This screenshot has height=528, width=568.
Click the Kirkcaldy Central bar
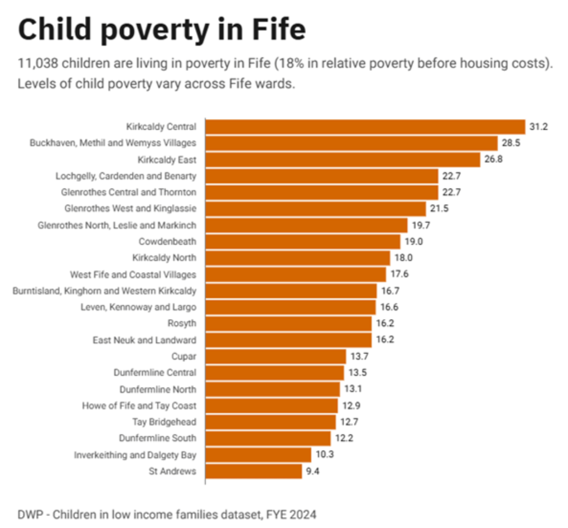[x=365, y=127]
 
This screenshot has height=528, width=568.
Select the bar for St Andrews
[x=254, y=471]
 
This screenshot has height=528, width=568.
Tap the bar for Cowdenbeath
[x=303, y=241]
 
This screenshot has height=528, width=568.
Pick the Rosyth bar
[x=288, y=323]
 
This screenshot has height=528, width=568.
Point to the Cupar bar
[x=276, y=356]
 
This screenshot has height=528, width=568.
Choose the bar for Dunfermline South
[x=268, y=438]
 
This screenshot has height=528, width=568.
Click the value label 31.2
[x=538, y=127]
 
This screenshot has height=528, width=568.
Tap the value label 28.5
[x=511, y=143]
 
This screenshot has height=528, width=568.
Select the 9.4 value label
[x=312, y=471]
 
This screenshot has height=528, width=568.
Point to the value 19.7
[x=421, y=225]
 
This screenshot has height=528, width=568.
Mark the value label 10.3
[x=325, y=454]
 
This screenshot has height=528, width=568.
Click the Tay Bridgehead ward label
[x=164, y=422]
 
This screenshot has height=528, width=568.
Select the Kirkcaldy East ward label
[x=167, y=160]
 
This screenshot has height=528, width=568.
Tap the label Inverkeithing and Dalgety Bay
[x=135, y=455]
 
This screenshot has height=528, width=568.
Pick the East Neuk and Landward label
[x=144, y=340]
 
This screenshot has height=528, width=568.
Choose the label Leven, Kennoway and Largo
[x=138, y=307]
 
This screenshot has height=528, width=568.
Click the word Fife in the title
[x=279, y=30]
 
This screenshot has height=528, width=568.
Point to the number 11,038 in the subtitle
[x=37, y=63]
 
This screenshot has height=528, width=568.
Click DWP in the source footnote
[x=30, y=515]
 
